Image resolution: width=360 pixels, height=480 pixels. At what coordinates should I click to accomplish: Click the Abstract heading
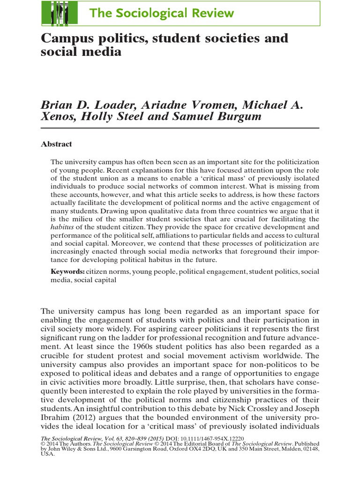coord(56,144)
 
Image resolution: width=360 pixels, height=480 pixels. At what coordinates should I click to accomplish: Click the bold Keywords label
coord(67,271)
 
